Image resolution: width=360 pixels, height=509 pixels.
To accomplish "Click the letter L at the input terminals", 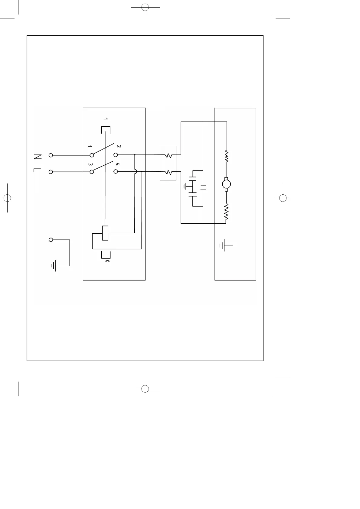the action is tap(36, 170).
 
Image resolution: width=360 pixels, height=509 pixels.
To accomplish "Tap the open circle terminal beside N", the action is tap(51, 155).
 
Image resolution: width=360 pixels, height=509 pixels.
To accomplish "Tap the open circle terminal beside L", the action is tap(51, 172).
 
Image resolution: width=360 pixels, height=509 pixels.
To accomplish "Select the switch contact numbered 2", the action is tap(116, 155).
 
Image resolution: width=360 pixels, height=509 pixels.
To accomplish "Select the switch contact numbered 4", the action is tap(116, 172).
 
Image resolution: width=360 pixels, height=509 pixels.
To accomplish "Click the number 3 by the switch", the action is tap(90, 165).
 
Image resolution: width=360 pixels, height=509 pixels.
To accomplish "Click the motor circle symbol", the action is tap(226, 183).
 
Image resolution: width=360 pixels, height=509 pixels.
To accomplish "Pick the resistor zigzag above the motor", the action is tap(226, 156).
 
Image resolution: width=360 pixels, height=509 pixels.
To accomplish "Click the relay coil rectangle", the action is tap(105, 233).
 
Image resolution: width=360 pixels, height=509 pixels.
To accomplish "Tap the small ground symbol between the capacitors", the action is tap(185, 186).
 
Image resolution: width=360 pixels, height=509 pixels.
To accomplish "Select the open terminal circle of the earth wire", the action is tap(51, 240).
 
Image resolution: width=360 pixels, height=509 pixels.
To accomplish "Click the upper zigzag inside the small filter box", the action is tap(168, 156).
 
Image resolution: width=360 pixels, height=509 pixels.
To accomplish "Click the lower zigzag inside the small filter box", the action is tap(168, 173).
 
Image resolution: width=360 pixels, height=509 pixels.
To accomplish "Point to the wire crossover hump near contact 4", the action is tap(136, 172).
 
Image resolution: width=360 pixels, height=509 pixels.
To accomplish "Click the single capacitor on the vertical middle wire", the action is tap(203, 187).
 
